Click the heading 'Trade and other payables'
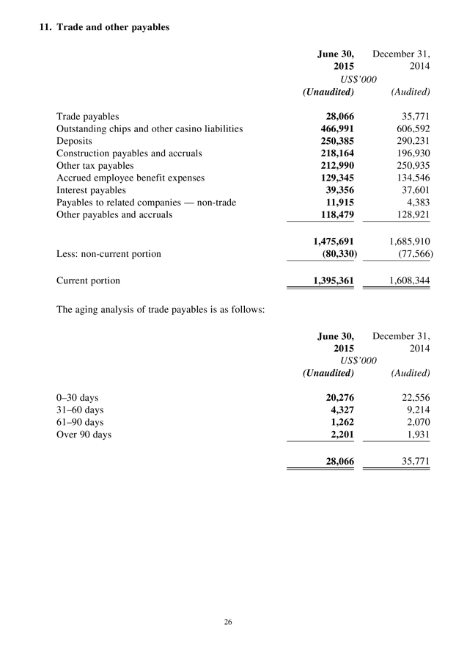[103, 27]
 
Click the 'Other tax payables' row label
[95, 166]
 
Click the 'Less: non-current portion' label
[109, 254]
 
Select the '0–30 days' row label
[78, 398]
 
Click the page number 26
[228, 623]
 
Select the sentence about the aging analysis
[160, 308]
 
